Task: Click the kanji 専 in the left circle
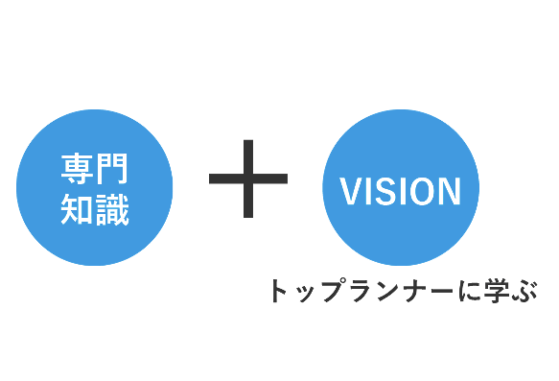click(77, 169)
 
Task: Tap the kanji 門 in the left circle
click(111, 169)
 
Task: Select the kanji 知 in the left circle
click(77, 210)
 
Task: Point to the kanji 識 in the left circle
click(112, 210)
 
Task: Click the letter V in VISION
click(353, 191)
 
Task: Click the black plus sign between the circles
click(248, 179)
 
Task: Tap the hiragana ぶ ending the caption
click(524, 291)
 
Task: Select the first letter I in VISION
click(371, 191)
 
